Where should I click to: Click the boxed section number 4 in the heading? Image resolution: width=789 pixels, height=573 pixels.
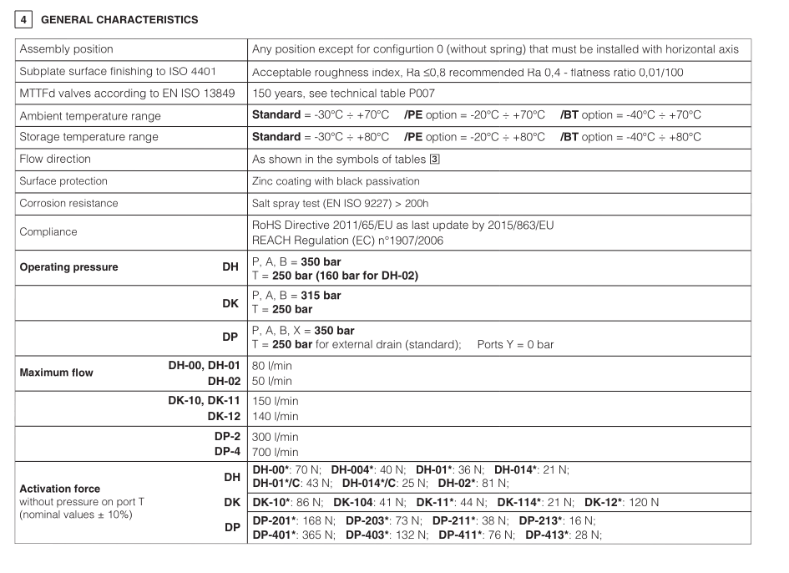point(23,19)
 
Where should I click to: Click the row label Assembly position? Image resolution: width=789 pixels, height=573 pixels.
point(67,49)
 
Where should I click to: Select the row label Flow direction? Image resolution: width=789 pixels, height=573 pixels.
point(56,159)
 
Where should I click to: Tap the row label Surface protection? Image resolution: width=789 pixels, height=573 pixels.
point(63,180)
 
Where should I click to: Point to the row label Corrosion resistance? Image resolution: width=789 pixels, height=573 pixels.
point(69,203)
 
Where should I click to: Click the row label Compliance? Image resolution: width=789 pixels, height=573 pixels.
point(48,232)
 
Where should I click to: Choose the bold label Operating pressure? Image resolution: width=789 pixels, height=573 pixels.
point(68,268)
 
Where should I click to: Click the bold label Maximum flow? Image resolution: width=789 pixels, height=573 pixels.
point(57,373)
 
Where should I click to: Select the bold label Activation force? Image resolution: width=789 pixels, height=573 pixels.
point(60,489)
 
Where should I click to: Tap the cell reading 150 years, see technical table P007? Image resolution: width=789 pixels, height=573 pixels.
point(343,94)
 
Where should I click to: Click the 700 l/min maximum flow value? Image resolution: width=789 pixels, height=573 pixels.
point(275,452)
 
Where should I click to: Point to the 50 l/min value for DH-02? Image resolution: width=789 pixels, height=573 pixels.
point(272,381)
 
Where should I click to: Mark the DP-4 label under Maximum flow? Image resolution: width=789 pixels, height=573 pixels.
point(227,452)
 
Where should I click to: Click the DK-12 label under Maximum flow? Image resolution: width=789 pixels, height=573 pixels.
point(224,416)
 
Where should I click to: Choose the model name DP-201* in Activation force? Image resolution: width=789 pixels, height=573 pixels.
point(276,520)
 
